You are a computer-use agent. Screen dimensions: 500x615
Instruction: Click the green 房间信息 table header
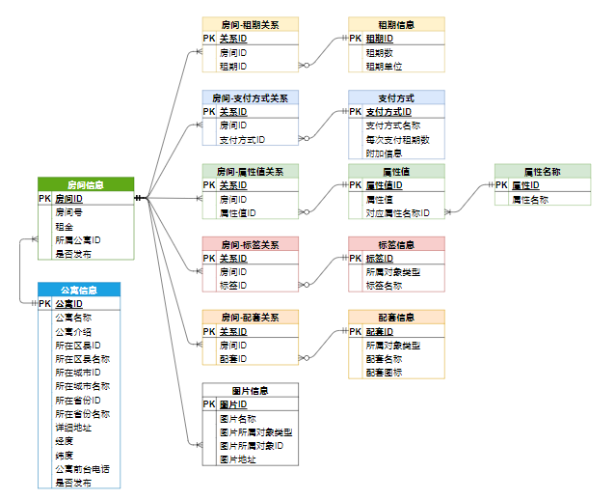point(86,184)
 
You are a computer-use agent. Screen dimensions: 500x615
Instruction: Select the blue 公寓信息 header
point(78,290)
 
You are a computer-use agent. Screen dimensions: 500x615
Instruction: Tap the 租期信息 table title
point(396,24)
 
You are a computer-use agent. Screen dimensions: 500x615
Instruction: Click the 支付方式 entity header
point(396,97)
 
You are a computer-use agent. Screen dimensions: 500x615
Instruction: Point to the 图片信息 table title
point(250,391)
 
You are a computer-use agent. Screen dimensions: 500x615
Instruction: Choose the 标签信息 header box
point(396,244)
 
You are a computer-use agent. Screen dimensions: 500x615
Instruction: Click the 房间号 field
point(69,211)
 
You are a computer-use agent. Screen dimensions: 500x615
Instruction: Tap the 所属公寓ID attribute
point(78,239)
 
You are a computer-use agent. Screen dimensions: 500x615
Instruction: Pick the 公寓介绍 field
point(73,331)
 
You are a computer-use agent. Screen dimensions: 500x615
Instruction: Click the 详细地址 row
point(73,427)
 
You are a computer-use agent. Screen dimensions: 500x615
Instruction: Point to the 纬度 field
point(64,455)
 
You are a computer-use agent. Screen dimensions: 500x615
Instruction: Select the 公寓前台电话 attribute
point(82,469)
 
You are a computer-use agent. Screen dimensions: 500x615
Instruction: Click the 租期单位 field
point(384,67)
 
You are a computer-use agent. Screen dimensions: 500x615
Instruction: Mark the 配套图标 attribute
point(384,373)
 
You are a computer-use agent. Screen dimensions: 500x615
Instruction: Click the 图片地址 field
point(238,459)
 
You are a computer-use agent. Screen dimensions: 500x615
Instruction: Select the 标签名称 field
point(384,286)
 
